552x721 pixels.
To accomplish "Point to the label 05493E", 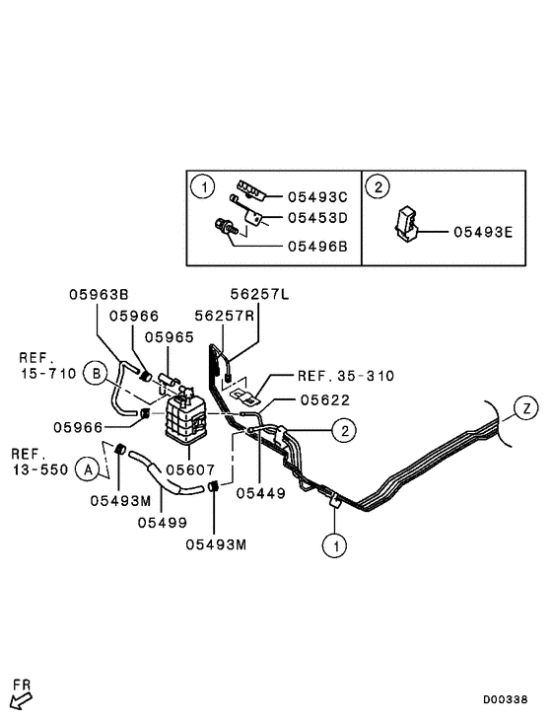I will tap(482, 233).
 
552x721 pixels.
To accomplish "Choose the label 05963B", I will tap(99, 293).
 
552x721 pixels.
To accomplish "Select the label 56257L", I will tap(259, 293).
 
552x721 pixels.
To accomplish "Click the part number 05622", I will tap(326, 399).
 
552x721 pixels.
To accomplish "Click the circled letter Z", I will tap(526, 407).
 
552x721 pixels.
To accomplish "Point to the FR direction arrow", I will tap(20, 698).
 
